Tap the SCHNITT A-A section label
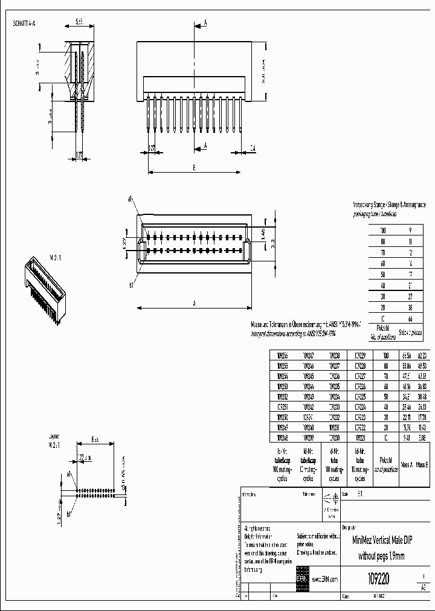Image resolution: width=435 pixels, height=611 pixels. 25,24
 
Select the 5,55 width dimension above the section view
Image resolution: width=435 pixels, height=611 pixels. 79,22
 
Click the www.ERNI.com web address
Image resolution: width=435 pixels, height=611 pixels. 324,579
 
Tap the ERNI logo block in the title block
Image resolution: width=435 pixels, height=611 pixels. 301,578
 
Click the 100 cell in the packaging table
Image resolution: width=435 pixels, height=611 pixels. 382,230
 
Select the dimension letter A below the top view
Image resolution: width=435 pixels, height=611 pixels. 195,304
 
